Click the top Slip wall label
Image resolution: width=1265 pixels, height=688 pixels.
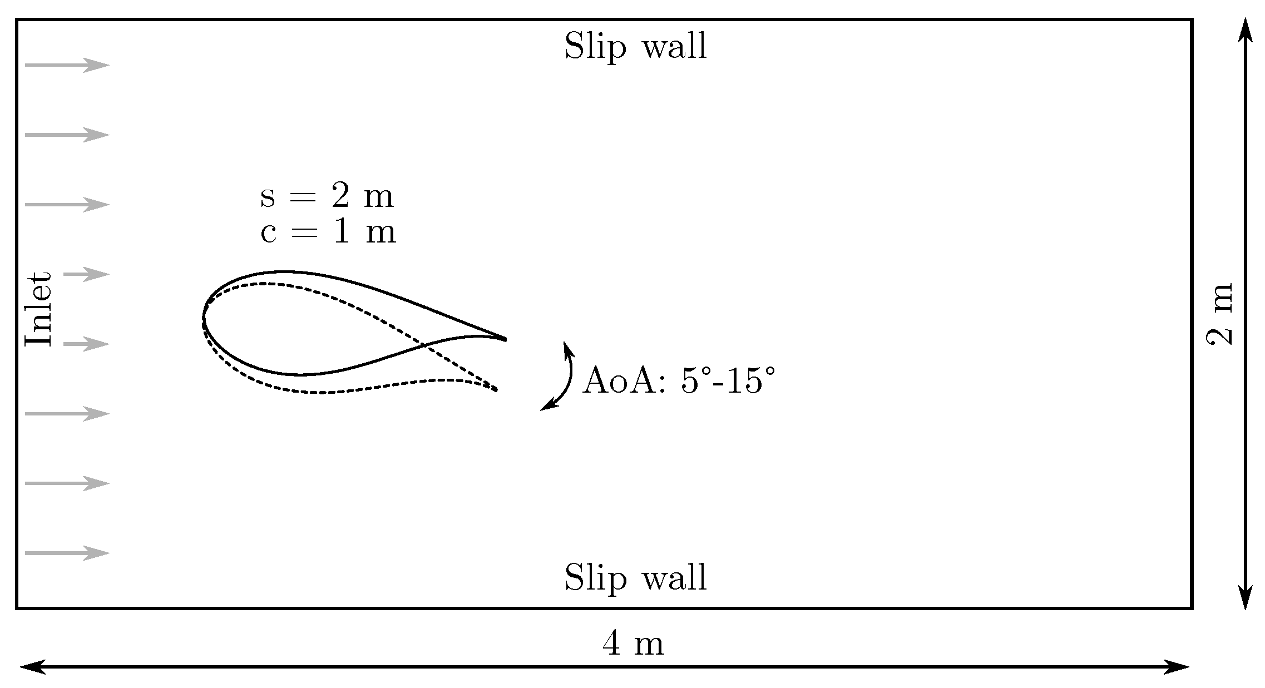[635, 46]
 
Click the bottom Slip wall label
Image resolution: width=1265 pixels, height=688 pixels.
[635, 578]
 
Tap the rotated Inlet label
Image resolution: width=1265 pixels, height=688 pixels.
[39, 309]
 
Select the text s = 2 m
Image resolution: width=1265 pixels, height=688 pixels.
[327, 197]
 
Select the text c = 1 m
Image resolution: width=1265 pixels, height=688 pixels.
[328, 232]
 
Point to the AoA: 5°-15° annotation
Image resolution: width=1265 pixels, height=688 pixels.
[678, 382]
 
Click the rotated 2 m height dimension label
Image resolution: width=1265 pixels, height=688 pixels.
[1220, 314]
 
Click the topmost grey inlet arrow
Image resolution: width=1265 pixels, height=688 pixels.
[67, 65]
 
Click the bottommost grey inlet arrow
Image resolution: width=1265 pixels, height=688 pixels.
[67, 553]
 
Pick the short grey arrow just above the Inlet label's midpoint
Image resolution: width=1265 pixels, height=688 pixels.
[86, 274]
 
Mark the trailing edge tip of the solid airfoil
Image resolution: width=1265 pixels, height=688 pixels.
[505, 339]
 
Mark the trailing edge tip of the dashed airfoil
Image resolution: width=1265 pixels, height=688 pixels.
[496, 390]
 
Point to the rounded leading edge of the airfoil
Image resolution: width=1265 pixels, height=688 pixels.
[204, 319]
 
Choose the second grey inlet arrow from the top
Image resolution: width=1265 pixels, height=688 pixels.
[67, 135]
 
